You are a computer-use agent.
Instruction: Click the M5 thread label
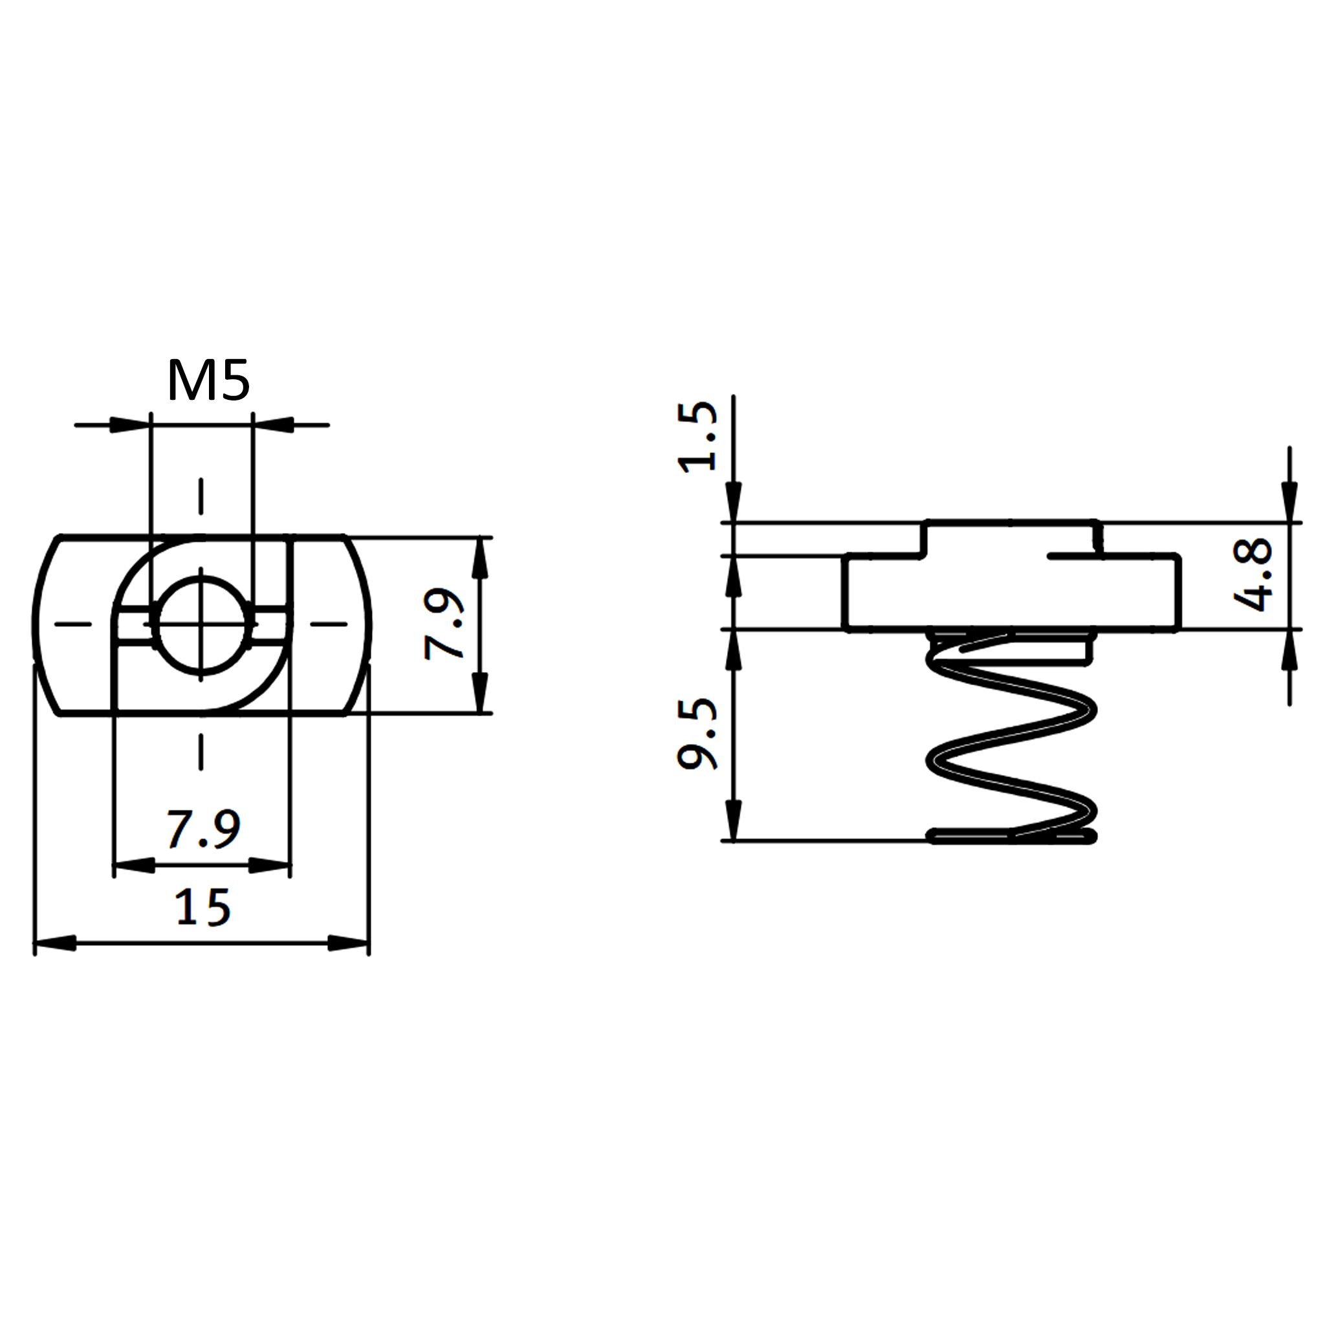coord(208,381)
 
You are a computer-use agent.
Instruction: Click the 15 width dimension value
coord(203,907)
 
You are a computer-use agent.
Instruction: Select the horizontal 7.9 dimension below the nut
coord(204,829)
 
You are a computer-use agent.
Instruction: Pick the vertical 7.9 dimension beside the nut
coord(444,624)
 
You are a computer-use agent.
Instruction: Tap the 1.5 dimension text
coord(697,437)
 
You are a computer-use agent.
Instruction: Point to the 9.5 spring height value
coord(697,734)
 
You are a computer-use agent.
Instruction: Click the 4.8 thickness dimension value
coord(1253,575)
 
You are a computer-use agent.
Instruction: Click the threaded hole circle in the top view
coord(201,624)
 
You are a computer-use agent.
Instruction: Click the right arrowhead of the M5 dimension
coord(274,425)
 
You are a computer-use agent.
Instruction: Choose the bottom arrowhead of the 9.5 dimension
coord(734,820)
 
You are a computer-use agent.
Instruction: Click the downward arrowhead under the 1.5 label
coord(734,502)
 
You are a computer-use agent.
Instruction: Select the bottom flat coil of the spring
coord(1012,836)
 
